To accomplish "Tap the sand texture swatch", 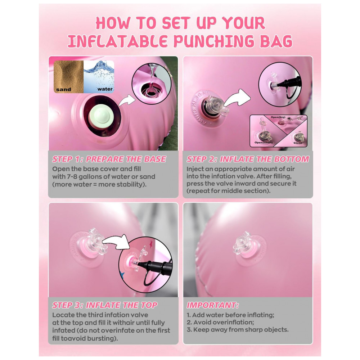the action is (69, 77).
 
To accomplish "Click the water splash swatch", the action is (99, 77).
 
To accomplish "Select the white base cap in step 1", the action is (101, 116).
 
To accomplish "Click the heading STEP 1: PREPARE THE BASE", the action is (109, 159).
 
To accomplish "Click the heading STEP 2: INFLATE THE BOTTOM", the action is (248, 159).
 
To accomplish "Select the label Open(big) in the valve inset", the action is (278, 117).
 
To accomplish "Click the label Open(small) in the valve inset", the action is (264, 143).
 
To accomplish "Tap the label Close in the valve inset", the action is (298, 143).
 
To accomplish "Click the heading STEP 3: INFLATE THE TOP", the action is (105, 305).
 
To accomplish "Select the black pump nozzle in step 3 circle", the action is (154, 266).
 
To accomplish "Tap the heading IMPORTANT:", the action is (213, 305).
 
